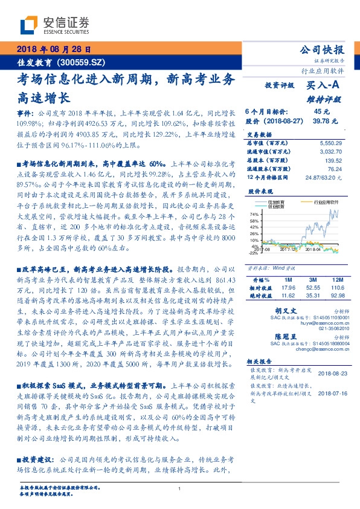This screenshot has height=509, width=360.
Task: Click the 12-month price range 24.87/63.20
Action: (x=324, y=178)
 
